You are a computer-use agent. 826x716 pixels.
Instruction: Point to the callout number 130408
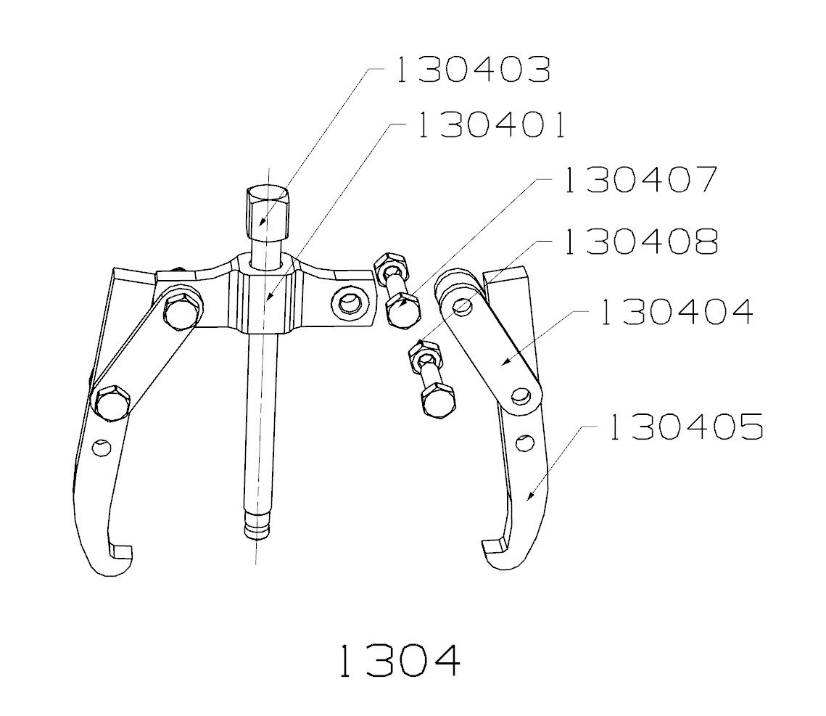641,242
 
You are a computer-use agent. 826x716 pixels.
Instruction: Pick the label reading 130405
685,427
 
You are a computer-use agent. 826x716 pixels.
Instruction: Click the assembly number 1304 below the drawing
399,660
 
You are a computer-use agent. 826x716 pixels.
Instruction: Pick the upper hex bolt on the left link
181,311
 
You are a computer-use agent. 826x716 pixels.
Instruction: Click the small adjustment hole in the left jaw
103,448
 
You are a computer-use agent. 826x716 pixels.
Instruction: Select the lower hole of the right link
519,395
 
